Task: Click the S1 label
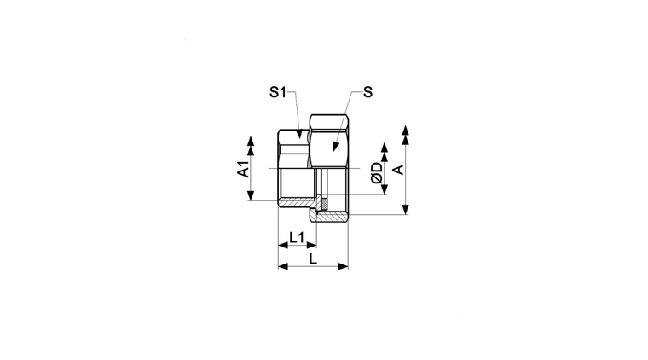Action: (277, 92)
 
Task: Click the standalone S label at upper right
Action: (367, 92)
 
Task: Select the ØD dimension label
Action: (377, 173)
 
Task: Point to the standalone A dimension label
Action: (398, 170)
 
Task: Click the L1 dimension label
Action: (297, 238)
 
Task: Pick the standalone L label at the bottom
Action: (313, 259)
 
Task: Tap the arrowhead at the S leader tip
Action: (336, 147)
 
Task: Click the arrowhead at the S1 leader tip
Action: (299, 134)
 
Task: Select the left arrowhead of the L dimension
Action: (283, 266)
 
